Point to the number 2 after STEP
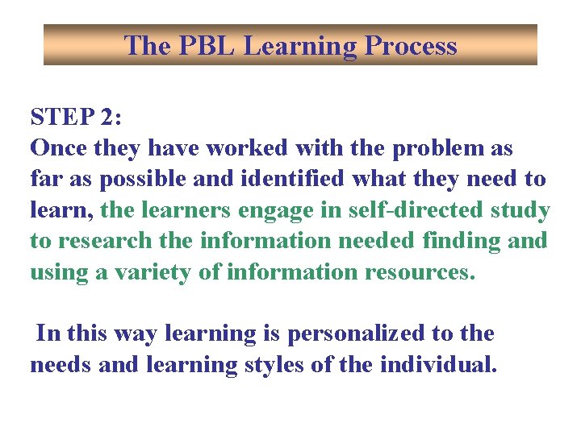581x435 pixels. pos(111,118)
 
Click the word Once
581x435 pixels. pos(59,149)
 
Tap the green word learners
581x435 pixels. pos(173,210)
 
